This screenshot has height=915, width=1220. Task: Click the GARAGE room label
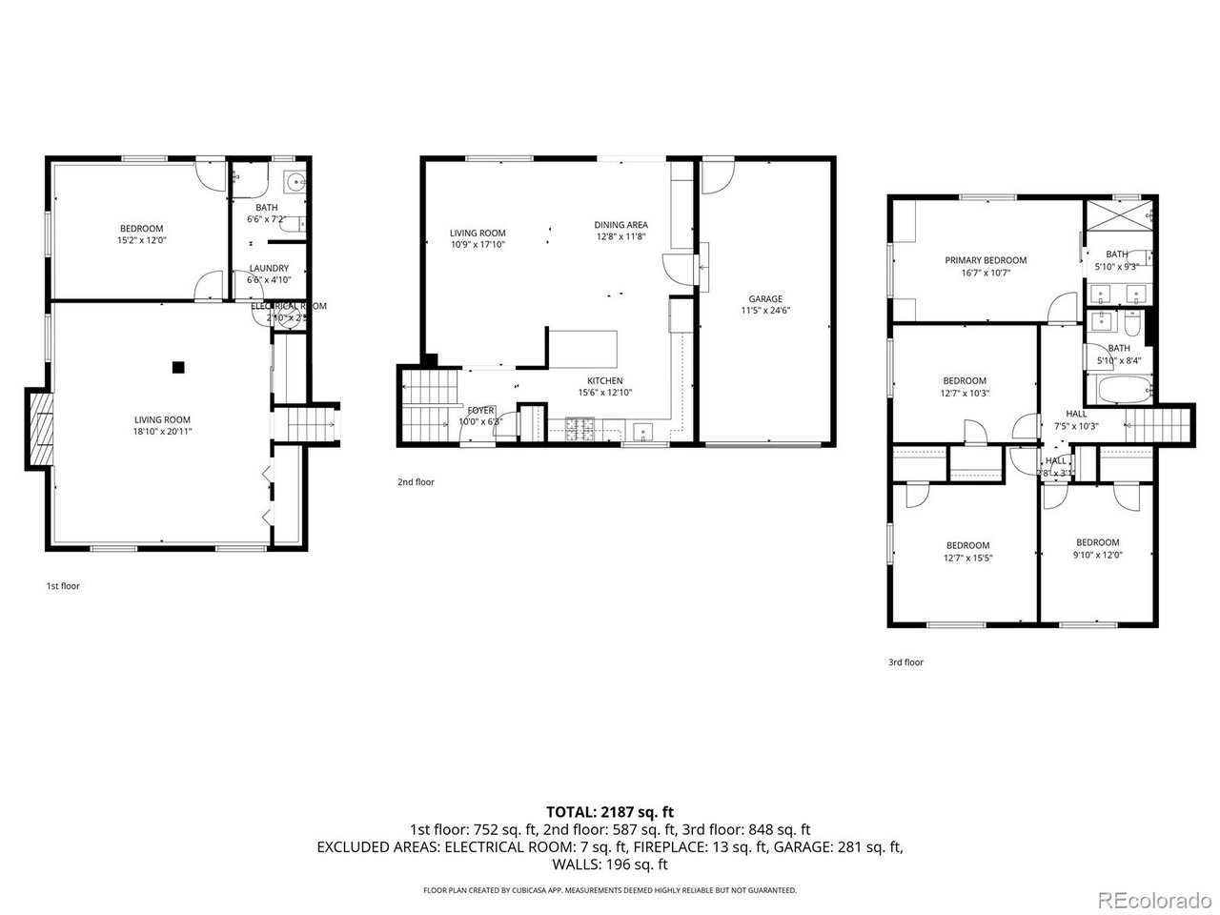point(765,298)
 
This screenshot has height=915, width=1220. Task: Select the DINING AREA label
point(621,225)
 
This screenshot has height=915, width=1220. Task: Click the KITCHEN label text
point(604,380)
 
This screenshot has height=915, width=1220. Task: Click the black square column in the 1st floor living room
point(177,366)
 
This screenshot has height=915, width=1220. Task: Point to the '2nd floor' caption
point(416,482)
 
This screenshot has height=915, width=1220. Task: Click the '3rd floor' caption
point(905,662)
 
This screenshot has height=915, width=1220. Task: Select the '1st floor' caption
point(63,586)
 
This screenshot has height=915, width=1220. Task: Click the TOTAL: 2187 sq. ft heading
point(609,812)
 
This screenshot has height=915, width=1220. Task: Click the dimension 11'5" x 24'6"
point(765,310)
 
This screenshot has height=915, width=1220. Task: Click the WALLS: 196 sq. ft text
point(609,864)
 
